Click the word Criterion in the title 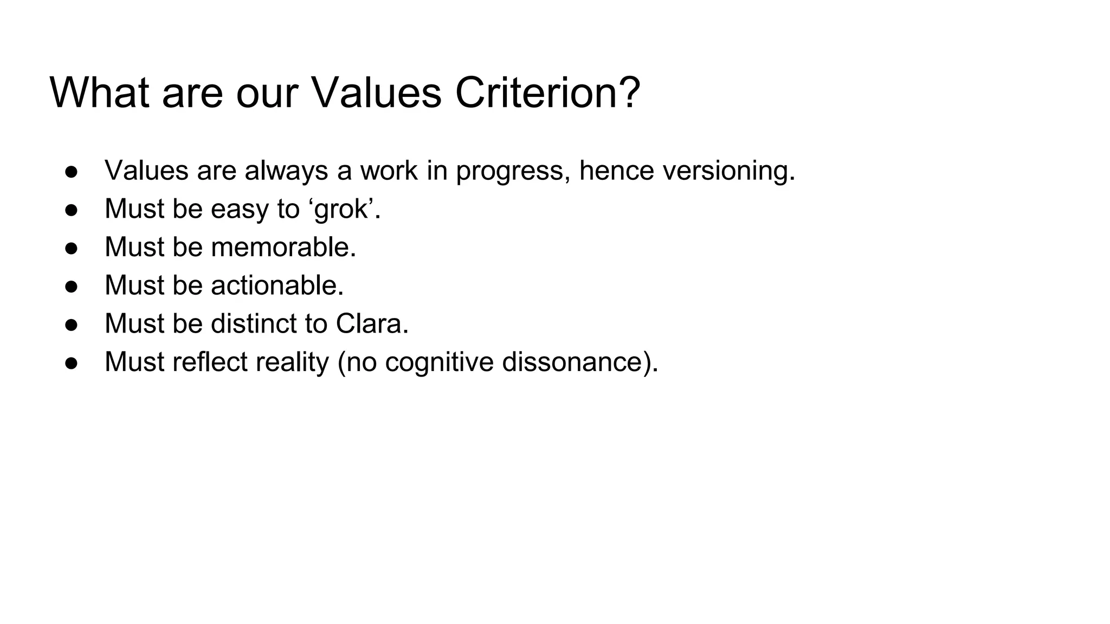click(x=547, y=92)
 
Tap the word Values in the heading click(x=376, y=92)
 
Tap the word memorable click(x=283, y=247)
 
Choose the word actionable click(x=277, y=285)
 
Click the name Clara click(x=371, y=324)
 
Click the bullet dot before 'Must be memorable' click(x=72, y=248)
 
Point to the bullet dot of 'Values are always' click(x=72, y=172)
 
